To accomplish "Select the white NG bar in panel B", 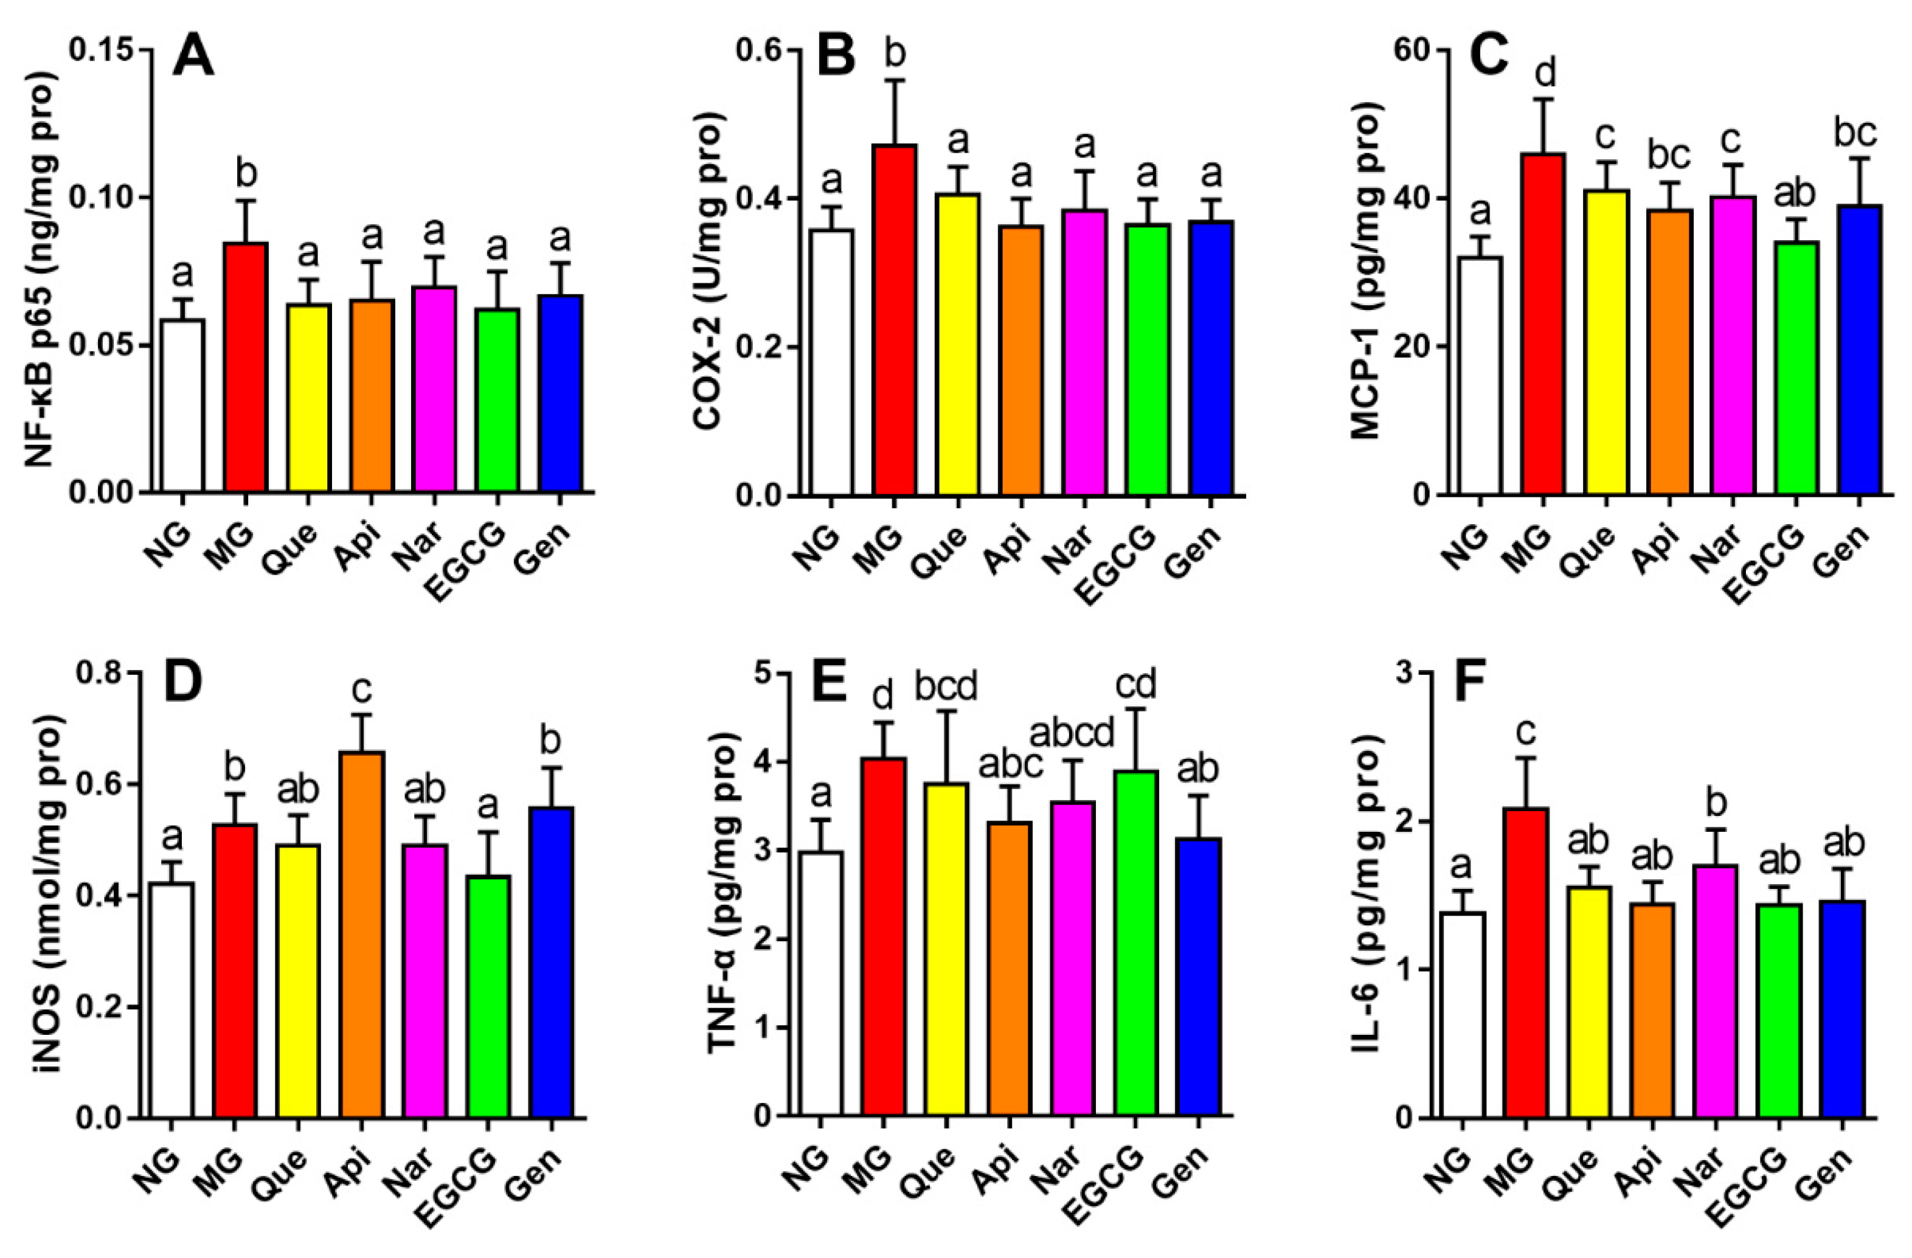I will (831, 362).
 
